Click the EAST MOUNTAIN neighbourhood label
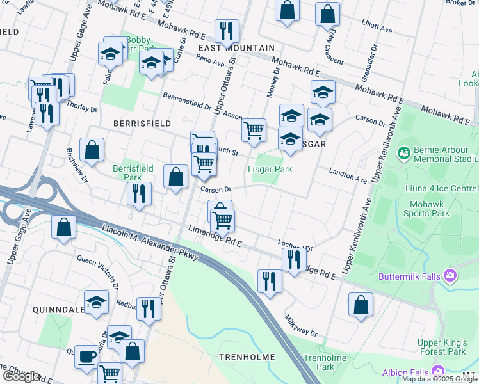pyautogui.click(x=236, y=48)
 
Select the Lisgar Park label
pyautogui.click(x=270, y=169)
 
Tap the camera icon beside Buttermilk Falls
pyautogui.click(x=451, y=275)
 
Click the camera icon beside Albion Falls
pyautogui.click(x=438, y=371)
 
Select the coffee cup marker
pyautogui.click(x=86, y=355)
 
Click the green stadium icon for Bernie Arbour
pyautogui.click(x=403, y=152)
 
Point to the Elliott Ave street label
pyautogui.click(x=377, y=29)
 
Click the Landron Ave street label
pyautogui.click(x=348, y=176)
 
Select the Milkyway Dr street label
pyautogui.click(x=301, y=325)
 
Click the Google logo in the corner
pyautogui.click(x=20, y=376)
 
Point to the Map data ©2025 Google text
pyautogui.click(x=439, y=379)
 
